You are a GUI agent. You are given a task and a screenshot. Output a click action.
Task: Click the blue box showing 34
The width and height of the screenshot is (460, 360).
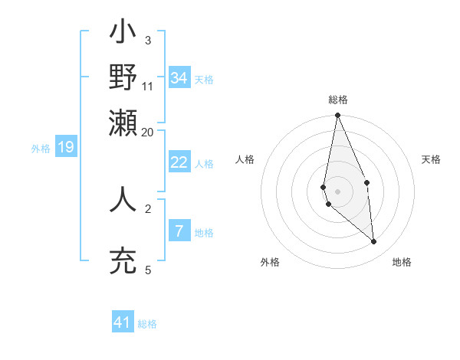[179, 78]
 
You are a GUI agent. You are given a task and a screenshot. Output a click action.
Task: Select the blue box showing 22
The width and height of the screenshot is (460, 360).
[179, 162]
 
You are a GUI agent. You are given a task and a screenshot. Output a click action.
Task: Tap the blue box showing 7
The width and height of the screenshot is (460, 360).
[179, 231]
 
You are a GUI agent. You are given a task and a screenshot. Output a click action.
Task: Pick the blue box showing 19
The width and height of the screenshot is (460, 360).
[66, 148]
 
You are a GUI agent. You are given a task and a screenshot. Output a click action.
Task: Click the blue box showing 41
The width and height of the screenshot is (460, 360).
[123, 322]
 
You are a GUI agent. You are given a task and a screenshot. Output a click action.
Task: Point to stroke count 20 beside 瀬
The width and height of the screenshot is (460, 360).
[148, 132]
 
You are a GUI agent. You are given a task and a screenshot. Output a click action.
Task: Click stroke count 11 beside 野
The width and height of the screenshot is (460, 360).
[148, 86]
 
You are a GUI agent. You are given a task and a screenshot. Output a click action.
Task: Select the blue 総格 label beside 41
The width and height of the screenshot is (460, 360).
[147, 324]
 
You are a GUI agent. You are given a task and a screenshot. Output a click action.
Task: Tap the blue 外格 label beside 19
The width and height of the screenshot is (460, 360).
[40, 149]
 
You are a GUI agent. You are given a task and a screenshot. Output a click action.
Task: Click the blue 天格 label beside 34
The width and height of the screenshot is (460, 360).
[204, 80]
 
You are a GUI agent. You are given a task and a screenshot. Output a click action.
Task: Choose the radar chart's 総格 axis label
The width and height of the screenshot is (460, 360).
[338, 100]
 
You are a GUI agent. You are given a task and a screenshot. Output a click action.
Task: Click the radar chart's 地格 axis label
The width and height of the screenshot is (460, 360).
[402, 262]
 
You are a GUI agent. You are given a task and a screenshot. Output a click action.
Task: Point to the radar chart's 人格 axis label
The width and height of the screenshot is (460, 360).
[245, 159]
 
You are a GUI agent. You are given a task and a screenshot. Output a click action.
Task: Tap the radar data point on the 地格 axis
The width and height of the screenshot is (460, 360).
[374, 242]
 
